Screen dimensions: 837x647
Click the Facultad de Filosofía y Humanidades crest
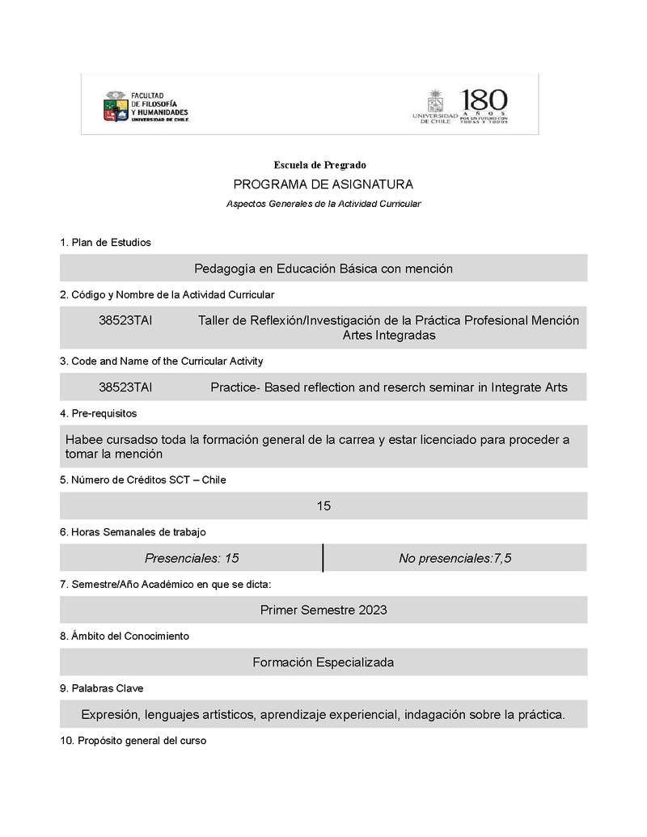click(115, 107)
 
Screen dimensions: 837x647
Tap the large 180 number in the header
click(484, 101)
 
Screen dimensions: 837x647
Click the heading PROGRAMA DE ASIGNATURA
click(323, 184)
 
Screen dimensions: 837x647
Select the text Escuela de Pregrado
click(319, 165)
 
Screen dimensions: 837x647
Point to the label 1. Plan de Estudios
click(105, 243)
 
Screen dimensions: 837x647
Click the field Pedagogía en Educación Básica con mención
click(323, 268)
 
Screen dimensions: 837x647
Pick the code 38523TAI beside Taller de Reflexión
click(125, 320)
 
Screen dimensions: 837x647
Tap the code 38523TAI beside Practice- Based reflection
click(125, 387)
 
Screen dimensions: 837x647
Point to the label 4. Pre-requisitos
click(99, 413)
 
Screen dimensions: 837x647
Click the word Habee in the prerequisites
click(82, 440)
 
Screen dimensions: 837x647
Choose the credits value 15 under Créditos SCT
click(323, 506)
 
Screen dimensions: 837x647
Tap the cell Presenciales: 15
click(192, 558)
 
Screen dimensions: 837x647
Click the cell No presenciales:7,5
click(455, 558)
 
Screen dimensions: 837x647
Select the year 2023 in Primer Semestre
click(370, 610)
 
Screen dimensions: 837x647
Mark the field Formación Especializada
click(323, 662)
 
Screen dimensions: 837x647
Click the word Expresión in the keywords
click(112, 714)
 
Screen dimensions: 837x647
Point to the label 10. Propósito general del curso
click(133, 741)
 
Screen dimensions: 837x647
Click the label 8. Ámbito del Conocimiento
click(125, 636)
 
